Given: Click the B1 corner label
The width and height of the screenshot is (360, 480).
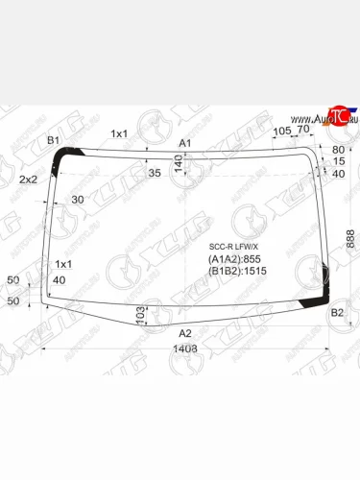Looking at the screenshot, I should point(54,140).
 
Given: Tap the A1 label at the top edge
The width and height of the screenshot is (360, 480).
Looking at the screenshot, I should point(186,143).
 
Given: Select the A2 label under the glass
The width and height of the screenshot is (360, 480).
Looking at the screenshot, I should point(186,333).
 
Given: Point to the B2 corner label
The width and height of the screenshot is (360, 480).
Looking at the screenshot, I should point(337,313).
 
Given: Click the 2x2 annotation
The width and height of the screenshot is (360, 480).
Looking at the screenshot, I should point(28,180).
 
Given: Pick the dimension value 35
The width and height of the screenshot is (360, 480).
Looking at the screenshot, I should point(155,173).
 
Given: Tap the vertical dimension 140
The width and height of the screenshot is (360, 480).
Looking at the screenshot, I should point(178,164).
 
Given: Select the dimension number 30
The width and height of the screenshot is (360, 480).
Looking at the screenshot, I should point(78,199).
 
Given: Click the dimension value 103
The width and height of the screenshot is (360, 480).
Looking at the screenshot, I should point(140,313).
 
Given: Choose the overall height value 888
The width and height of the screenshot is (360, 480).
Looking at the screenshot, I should point(350,239).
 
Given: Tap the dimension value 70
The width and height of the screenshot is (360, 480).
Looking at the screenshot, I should point(303,130).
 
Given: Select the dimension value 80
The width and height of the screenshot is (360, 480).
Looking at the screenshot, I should point(337,150).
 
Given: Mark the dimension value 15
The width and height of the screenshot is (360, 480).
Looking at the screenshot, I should point(337,161).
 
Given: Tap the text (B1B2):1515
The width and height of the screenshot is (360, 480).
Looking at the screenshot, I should point(237,272).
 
